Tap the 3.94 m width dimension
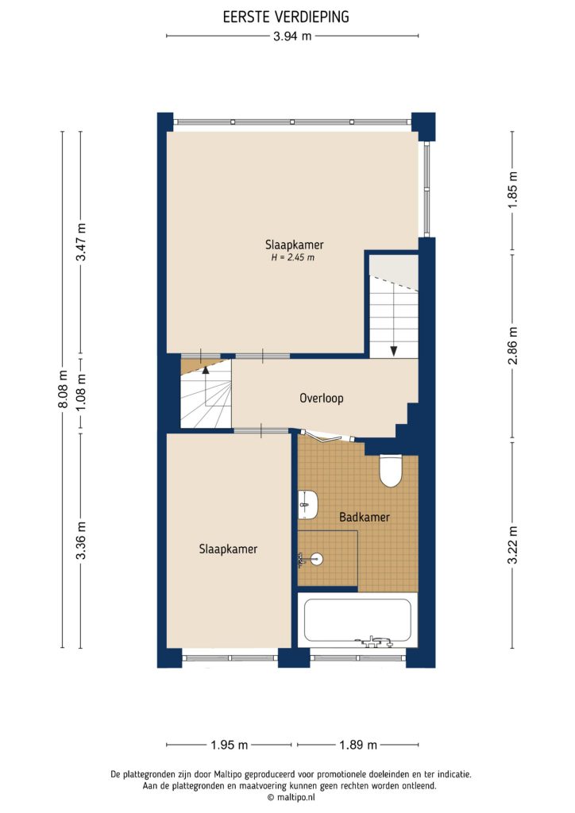pos(292,37)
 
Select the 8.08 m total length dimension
pos(63,388)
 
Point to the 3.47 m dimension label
pos(80,245)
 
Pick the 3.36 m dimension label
pos(80,541)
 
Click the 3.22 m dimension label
pos(512,545)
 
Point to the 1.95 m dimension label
pos(230,745)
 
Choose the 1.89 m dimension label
pos(357,745)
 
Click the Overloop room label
pos(322,399)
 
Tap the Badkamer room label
pos(364,517)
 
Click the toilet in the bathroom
pos(391,470)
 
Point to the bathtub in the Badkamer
pos(357,621)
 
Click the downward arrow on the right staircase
pos(392,349)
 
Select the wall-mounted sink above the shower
pos(308,503)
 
